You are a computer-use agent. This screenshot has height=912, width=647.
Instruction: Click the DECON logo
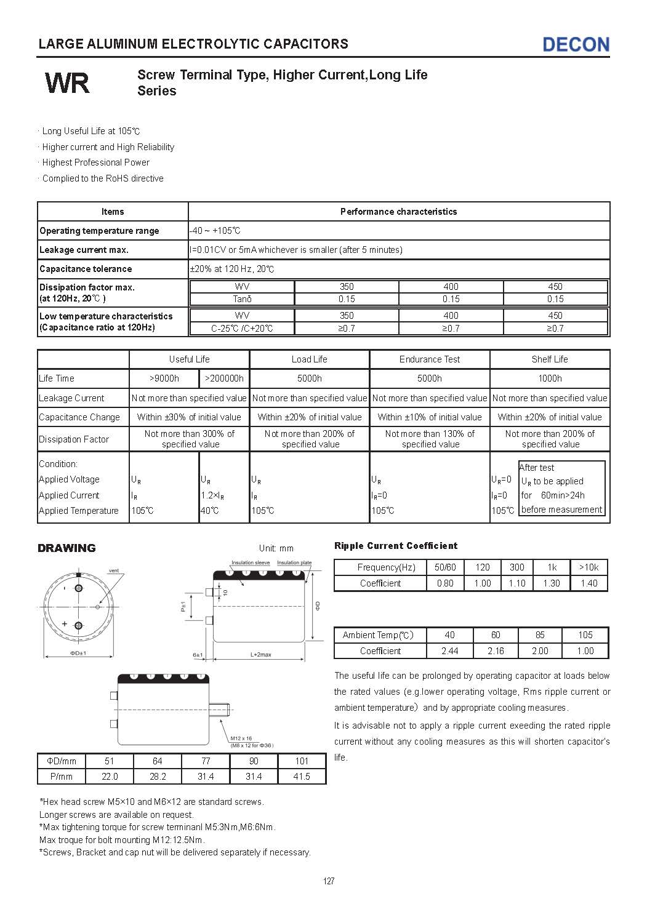point(576,44)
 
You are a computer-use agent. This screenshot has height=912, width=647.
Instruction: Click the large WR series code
point(67,83)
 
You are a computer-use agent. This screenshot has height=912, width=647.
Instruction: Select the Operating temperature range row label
point(99,231)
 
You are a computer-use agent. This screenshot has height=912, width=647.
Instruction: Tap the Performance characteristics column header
point(398,212)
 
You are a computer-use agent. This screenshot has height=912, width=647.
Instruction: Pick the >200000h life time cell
point(224,378)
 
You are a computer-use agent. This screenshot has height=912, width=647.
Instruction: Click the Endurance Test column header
point(429,359)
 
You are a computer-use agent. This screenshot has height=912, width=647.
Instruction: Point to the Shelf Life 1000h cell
point(550,378)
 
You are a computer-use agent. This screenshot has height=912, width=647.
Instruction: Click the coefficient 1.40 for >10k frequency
point(589,583)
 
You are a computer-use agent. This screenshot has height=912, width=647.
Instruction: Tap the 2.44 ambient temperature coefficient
point(449,651)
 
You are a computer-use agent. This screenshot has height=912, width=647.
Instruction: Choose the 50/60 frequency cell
point(445,567)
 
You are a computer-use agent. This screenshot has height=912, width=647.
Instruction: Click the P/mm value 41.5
point(302,777)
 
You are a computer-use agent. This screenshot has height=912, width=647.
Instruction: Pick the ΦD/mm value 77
point(206,761)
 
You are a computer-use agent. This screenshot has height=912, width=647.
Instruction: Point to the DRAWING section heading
point(66,548)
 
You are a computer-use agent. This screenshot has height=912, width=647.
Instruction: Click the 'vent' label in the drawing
point(114,570)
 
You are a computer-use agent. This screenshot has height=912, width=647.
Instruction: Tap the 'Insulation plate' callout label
point(294,562)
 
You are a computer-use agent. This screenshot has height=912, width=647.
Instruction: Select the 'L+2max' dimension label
point(260,655)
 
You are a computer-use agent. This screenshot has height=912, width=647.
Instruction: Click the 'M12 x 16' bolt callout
point(241,738)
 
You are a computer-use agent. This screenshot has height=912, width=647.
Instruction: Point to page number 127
point(329,881)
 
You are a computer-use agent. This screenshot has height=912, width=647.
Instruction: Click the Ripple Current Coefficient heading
point(396,546)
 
